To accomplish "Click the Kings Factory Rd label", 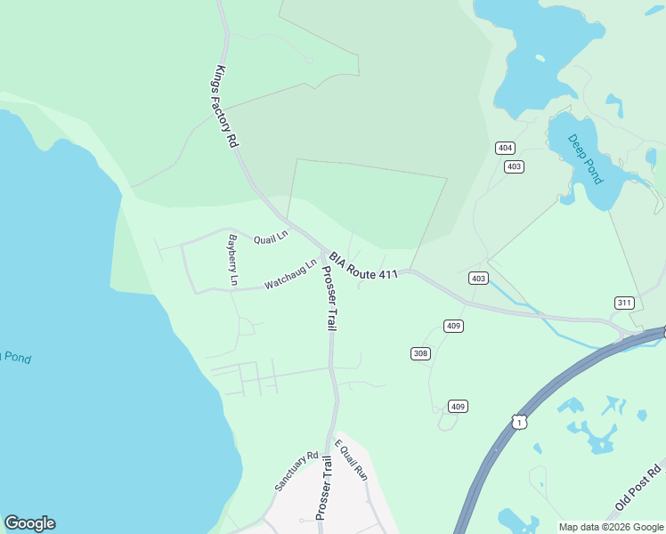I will click(x=227, y=107).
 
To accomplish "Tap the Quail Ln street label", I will click(x=271, y=238).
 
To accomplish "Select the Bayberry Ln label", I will click(x=232, y=260).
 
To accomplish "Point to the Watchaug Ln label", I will click(x=290, y=274).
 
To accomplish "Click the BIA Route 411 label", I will click(x=363, y=265).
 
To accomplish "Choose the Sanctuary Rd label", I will click(x=296, y=472).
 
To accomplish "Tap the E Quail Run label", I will click(x=351, y=460).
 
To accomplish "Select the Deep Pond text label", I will click(x=586, y=158).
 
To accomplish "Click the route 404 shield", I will click(x=505, y=148).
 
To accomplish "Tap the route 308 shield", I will click(x=420, y=353).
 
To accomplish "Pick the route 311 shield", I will click(x=623, y=303).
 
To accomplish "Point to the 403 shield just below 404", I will click(x=513, y=166).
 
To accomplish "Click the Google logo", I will click(x=29, y=523).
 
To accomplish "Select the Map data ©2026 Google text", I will click(x=610, y=527).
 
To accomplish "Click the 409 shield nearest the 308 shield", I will click(x=453, y=326).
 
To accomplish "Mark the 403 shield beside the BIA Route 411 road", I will click(x=478, y=279).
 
